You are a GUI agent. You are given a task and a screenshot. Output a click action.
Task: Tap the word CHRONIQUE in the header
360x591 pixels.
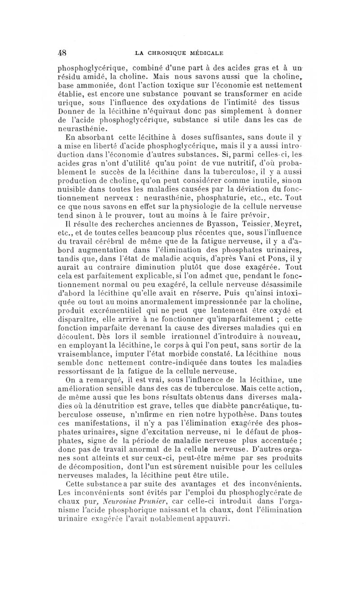(x=170, y=53)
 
